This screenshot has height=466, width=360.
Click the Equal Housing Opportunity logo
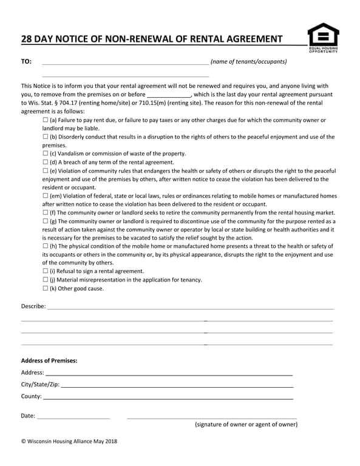pos(323,37)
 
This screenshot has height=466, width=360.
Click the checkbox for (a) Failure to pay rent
pos(46,121)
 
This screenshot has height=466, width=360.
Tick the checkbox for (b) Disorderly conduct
pos(46,137)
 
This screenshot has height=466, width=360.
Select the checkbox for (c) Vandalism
pos(46,154)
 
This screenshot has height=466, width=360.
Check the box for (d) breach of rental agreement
pos(46,163)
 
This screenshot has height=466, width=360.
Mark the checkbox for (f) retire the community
pos(46,213)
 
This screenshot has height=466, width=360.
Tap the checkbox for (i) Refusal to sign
pos(46,271)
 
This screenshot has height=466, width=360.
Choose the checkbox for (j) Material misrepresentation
pos(46,280)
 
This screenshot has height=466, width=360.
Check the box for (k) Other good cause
pos(46,288)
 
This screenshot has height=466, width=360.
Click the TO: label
pos(26,62)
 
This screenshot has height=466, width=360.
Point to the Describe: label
pos(33,306)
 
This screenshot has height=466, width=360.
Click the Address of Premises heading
pos(49,360)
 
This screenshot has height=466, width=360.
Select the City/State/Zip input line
pos(177,385)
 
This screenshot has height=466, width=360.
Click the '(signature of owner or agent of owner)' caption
pos(246,425)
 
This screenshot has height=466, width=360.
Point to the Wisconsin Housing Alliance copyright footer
pos(69,441)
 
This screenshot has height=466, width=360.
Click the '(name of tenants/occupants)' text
pos(248,62)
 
